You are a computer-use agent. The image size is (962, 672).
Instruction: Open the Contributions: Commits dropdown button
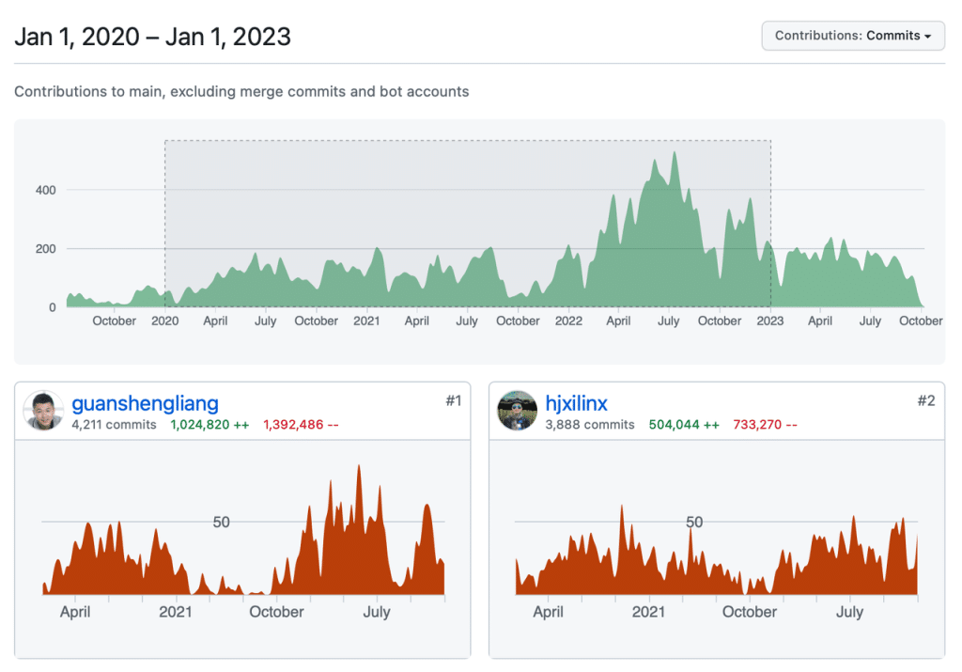click(853, 36)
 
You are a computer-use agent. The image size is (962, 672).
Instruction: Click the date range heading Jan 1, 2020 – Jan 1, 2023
click(152, 37)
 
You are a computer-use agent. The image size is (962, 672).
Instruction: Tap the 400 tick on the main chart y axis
click(46, 190)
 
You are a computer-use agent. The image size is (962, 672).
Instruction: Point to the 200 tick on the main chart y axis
click(46, 249)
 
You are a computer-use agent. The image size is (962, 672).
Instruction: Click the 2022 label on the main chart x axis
click(568, 320)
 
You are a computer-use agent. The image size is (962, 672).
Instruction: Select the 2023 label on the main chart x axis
click(769, 320)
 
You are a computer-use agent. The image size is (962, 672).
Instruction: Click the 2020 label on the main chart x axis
click(164, 320)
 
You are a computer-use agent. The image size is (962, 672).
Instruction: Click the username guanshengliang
click(145, 404)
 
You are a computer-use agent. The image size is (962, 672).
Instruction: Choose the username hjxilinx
click(576, 404)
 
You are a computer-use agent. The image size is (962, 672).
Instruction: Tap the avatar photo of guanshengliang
click(44, 412)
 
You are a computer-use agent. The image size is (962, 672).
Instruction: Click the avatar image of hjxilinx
click(518, 412)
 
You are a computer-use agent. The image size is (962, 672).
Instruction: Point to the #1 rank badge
click(453, 401)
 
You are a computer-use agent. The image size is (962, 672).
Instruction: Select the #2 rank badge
click(926, 401)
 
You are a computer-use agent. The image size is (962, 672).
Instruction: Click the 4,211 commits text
click(114, 425)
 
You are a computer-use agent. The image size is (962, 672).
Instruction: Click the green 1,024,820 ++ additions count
click(209, 425)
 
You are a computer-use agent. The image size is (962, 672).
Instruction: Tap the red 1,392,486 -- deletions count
click(301, 425)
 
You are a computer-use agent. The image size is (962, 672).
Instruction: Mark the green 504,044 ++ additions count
click(683, 425)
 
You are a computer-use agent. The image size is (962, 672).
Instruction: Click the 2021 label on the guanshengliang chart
click(176, 612)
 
